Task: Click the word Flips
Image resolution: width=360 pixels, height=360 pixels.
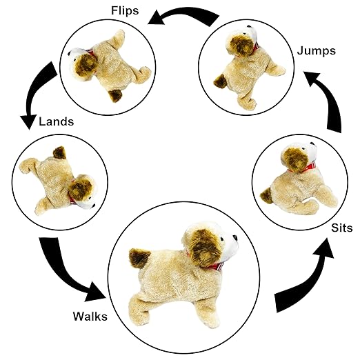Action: [x=125, y=10]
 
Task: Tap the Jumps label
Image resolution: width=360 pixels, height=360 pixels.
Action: [x=317, y=51]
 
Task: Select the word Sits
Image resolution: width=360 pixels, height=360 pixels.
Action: [x=342, y=228]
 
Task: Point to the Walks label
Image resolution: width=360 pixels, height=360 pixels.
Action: [x=90, y=316]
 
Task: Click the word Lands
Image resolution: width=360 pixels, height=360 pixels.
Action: [x=57, y=121]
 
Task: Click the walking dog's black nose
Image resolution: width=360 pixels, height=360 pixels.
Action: [x=235, y=237]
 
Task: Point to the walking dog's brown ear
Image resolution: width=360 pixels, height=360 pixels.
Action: [x=203, y=248]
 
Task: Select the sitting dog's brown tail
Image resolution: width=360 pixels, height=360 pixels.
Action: [x=266, y=195]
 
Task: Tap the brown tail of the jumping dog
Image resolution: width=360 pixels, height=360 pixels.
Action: [x=220, y=81]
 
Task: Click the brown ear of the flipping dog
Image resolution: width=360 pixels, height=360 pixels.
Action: [x=86, y=65]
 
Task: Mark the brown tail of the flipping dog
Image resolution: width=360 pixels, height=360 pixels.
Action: [x=115, y=95]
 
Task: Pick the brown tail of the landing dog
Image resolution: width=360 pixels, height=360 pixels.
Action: [x=59, y=152]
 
